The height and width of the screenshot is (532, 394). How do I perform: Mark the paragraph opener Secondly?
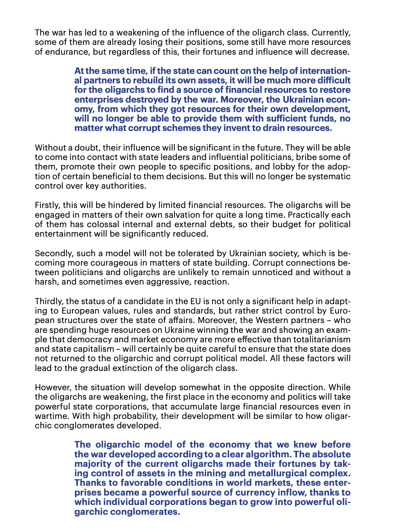tap(52, 253)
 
